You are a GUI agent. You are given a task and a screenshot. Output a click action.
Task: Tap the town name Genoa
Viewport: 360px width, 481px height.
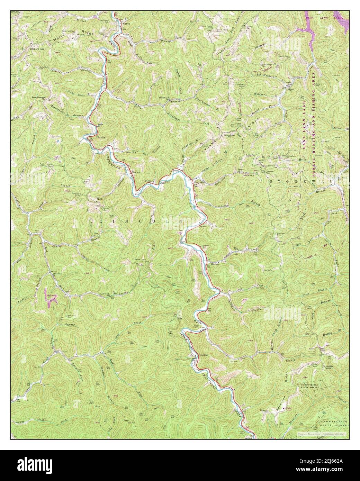127,24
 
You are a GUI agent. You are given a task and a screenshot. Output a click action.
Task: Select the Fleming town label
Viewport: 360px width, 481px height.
101,137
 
